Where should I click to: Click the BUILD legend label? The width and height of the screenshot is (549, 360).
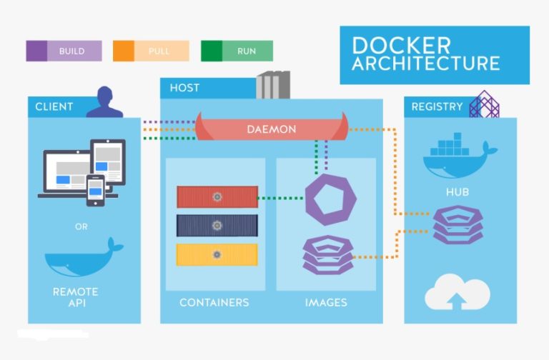(x=71, y=51)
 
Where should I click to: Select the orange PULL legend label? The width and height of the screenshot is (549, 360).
(x=159, y=51)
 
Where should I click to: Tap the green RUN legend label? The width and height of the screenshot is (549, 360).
(x=247, y=51)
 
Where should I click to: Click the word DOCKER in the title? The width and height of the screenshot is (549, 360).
(x=401, y=45)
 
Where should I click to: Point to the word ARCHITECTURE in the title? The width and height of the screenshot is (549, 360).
(x=425, y=63)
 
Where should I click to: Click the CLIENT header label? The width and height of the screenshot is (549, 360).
(x=54, y=106)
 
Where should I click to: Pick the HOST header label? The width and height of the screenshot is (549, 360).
(x=184, y=88)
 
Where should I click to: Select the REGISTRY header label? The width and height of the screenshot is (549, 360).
(x=437, y=106)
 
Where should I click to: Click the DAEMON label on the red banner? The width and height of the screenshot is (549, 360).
(x=271, y=129)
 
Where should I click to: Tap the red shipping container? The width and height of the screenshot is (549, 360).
(x=217, y=196)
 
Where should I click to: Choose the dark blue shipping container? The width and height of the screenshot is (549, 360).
(x=217, y=225)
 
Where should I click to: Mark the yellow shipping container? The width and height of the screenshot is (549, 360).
(x=217, y=254)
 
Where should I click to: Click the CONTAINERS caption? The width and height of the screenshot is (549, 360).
(x=214, y=302)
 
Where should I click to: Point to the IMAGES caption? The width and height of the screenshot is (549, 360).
(x=326, y=302)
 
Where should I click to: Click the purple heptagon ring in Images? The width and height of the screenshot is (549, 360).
(x=330, y=199)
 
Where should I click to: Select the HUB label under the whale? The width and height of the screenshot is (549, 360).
(x=457, y=192)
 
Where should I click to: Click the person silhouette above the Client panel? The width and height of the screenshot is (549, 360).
(x=105, y=102)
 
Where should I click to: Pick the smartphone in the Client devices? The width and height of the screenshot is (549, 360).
(x=96, y=191)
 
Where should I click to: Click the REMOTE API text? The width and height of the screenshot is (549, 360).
(x=75, y=297)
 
